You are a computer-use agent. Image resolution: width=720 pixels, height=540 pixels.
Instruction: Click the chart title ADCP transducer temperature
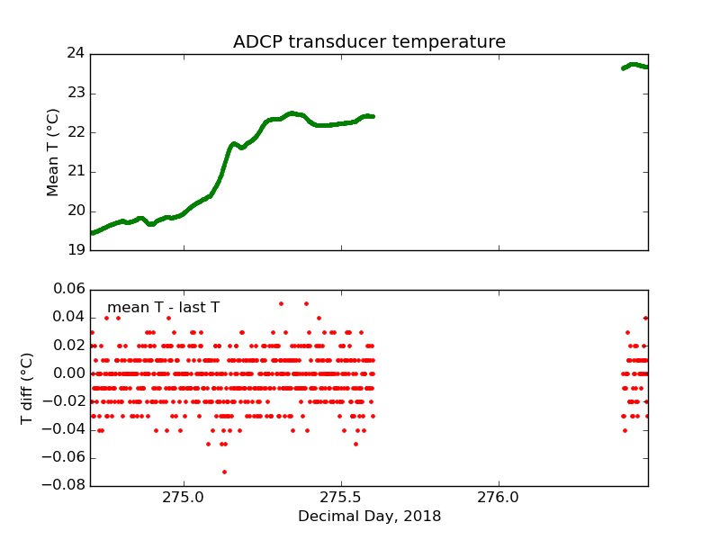point(369,42)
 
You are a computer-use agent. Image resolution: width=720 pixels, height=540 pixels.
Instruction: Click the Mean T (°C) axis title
point(54,152)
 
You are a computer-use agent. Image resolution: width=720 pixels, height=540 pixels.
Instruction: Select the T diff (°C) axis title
point(28,388)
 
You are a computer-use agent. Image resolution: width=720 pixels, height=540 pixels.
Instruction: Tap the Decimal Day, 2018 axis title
point(369,517)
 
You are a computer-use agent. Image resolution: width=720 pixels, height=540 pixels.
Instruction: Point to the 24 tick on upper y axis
point(75,53)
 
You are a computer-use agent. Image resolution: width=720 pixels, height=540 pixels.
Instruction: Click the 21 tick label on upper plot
point(75,171)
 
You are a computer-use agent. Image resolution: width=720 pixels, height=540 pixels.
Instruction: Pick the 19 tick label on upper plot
point(75,250)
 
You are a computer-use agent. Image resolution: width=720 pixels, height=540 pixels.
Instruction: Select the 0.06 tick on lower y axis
point(68,289)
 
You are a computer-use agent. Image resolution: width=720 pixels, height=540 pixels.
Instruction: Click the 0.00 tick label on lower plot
point(68,373)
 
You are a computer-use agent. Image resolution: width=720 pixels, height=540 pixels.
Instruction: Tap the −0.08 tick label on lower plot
point(65,486)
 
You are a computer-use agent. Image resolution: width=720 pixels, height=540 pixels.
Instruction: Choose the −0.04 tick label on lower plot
point(65,429)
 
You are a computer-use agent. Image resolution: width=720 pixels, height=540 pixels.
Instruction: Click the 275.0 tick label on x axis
point(184,498)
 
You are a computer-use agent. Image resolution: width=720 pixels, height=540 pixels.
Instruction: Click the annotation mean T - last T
point(163,308)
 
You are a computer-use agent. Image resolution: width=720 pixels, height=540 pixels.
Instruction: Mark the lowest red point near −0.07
point(224,472)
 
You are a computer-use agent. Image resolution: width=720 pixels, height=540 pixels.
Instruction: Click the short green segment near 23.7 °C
point(634,66)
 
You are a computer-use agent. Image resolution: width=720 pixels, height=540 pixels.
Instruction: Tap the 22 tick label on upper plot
point(75,132)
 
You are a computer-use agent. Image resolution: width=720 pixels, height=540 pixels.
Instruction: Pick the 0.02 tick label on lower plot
point(68,346)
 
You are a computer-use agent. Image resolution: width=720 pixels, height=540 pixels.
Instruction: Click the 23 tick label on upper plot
point(75,93)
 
